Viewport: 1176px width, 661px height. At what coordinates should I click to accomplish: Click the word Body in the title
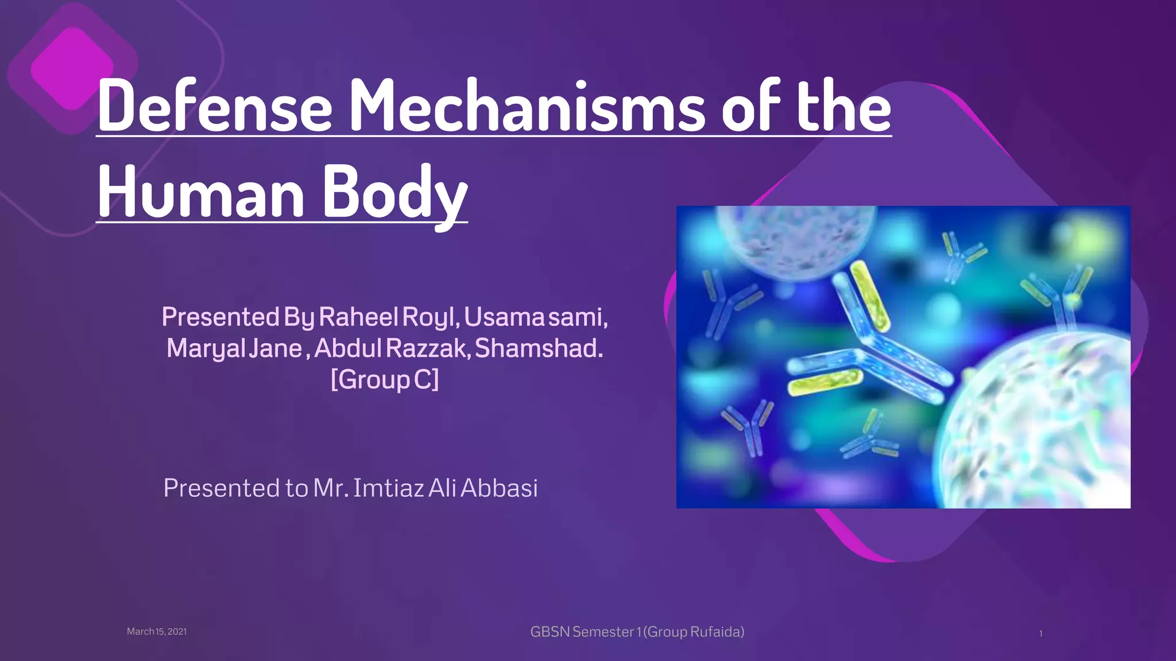point(395,192)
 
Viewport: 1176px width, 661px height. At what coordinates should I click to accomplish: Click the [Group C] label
point(385,379)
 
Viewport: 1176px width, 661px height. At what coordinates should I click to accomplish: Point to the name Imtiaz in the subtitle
point(388,488)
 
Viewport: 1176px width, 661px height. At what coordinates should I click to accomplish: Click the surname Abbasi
point(499,488)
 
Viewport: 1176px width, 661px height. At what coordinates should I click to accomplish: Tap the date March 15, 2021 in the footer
point(157,632)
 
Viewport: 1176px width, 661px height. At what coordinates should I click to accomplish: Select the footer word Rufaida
point(715,632)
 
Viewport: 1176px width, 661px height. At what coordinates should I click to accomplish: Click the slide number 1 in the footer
point(1040,634)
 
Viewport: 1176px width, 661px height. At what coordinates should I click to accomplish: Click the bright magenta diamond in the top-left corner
point(72,68)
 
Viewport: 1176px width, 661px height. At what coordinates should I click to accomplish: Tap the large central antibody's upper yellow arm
point(869,295)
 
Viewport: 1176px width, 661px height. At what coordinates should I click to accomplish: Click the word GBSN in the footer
point(550,632)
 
